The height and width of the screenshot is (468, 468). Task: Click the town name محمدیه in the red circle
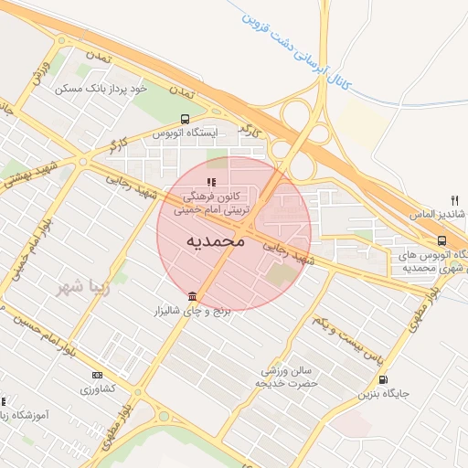click(x=216, y=241)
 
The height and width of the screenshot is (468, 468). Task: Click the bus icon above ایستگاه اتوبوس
click(x=186, y=119)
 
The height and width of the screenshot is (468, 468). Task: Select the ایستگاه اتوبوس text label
click(x=189, y=133)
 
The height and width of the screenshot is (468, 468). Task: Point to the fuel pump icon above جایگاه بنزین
click(x=382, y=379)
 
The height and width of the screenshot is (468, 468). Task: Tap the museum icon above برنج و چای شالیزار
click(x=192, y=296)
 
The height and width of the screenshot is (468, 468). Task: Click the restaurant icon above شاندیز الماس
click(x=454, y=200)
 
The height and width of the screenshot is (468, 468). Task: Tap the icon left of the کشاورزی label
click(x=97, y=375)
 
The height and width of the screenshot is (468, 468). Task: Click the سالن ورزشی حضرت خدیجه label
click(x=290, y=378)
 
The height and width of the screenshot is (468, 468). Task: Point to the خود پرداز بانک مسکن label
click(x=101, y=89)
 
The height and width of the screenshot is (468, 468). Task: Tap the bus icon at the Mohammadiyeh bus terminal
click(x=442, y=240)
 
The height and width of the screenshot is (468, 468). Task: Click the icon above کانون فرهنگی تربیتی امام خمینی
click(x=213, y=182)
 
